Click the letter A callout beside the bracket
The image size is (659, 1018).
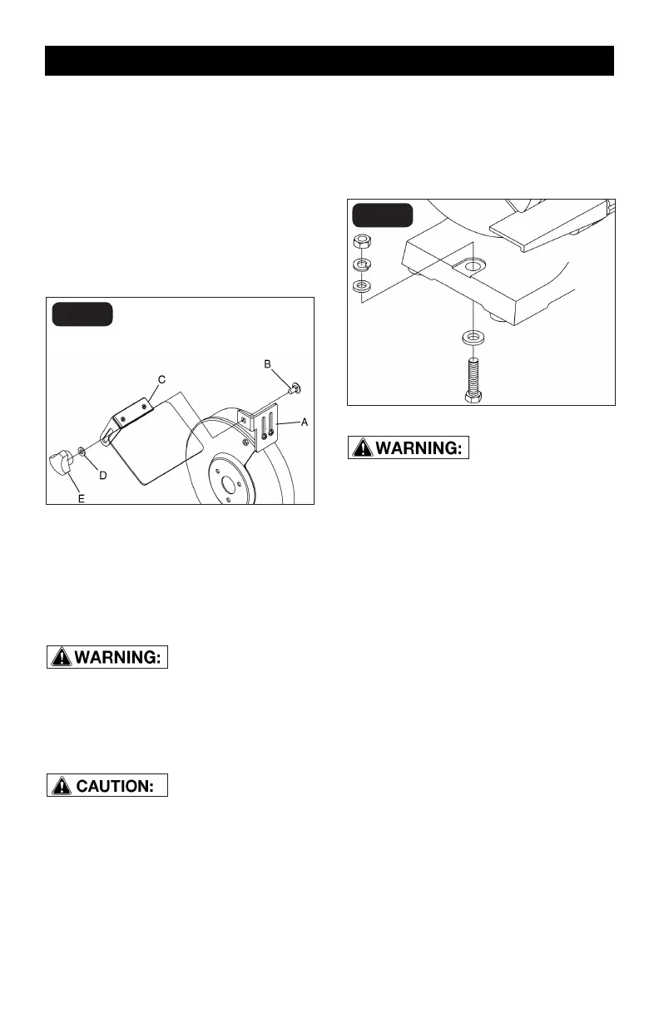pyautogui.click(x=305, y=423)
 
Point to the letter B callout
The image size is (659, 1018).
pyautogui.click(x=268, y=364)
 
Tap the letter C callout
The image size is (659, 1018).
pyautogui.click(x=163, y=379)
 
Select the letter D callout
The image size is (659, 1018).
pyautogui.click(x=103, y=475)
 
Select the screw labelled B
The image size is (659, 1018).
pyautogui.click(x=294, y=387)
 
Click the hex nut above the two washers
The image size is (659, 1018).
pyautogui.click(x=362, y=243)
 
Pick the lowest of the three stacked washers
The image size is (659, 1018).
pyautogui.click(x=362, y=287)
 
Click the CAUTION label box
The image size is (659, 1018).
pyautogui.click(x=107, y=785)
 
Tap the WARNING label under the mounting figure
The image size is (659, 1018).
pyautogui.click(x=409, y=447)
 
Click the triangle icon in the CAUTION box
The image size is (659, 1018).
pyautogui.click(x=60, y=785)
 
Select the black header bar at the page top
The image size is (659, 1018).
pyautogui.click(x=329, y=61)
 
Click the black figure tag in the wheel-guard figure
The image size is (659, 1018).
pyautogui.click(x=82, y=315)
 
